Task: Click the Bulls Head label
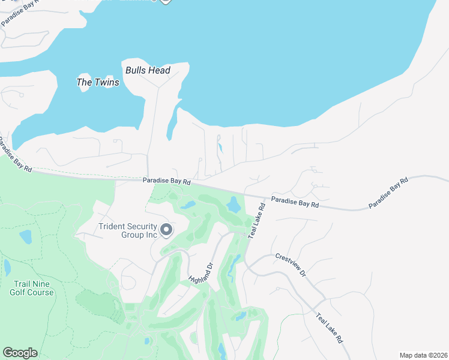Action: coord(148,70)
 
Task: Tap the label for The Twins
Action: coord(98,82)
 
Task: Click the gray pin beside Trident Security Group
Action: coord(166,230)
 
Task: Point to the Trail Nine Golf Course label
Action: coord(31,287)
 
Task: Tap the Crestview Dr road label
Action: coord(291,265)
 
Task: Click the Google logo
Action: coord(20,353)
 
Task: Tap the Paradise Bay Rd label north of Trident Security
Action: coord(166,181)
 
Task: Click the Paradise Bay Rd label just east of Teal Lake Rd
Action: coord(295,202)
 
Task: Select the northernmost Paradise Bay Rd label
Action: coord(20,13)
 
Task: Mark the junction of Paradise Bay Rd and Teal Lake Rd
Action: coord(266,198)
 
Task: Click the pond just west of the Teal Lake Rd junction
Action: coord(233,206)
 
